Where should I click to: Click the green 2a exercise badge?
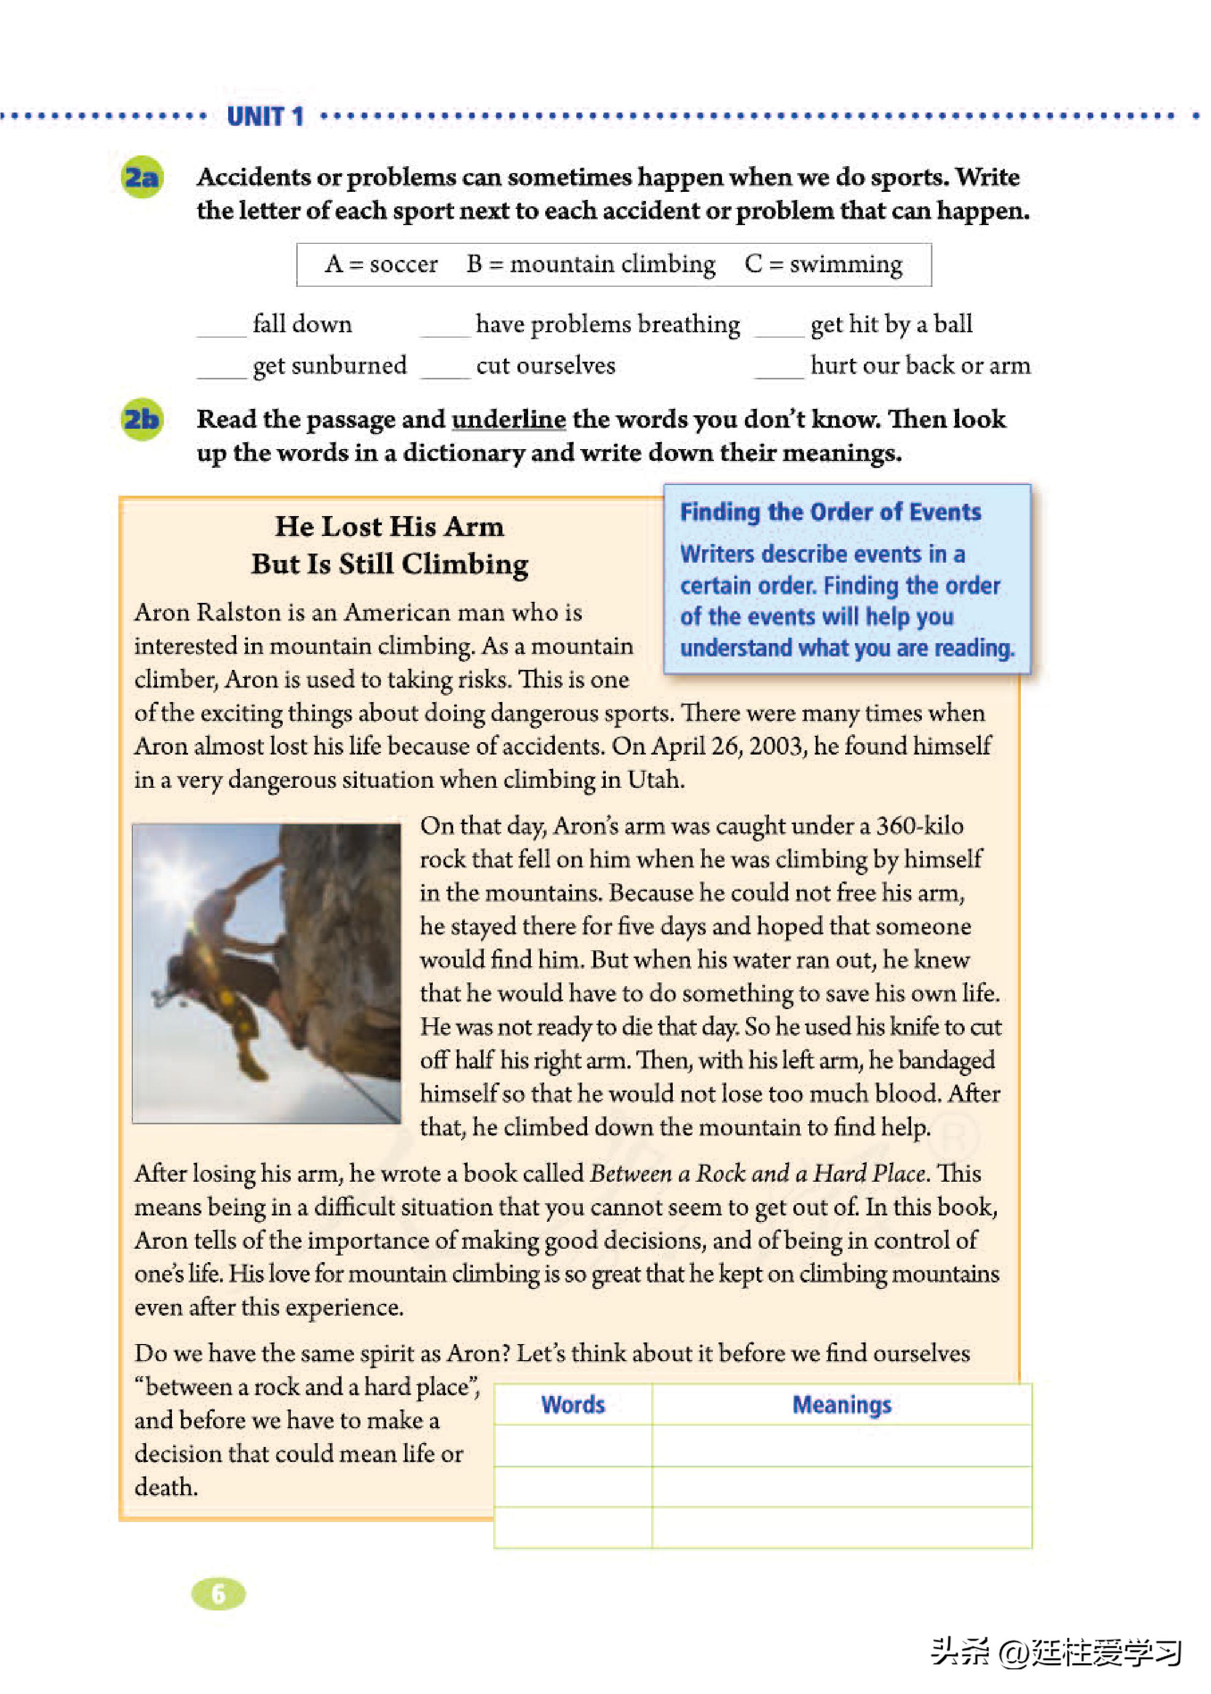(x=142, y=177)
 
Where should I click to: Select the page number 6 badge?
(x=219, y=1594)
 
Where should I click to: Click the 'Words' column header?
(x=573, y=1405)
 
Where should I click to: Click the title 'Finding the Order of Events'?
(x=830, y=512)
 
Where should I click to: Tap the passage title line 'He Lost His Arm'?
(x=389, y=527)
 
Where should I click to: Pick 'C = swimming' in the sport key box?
(x=823, y=264)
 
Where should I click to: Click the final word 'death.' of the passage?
(x=166, y=1487)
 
